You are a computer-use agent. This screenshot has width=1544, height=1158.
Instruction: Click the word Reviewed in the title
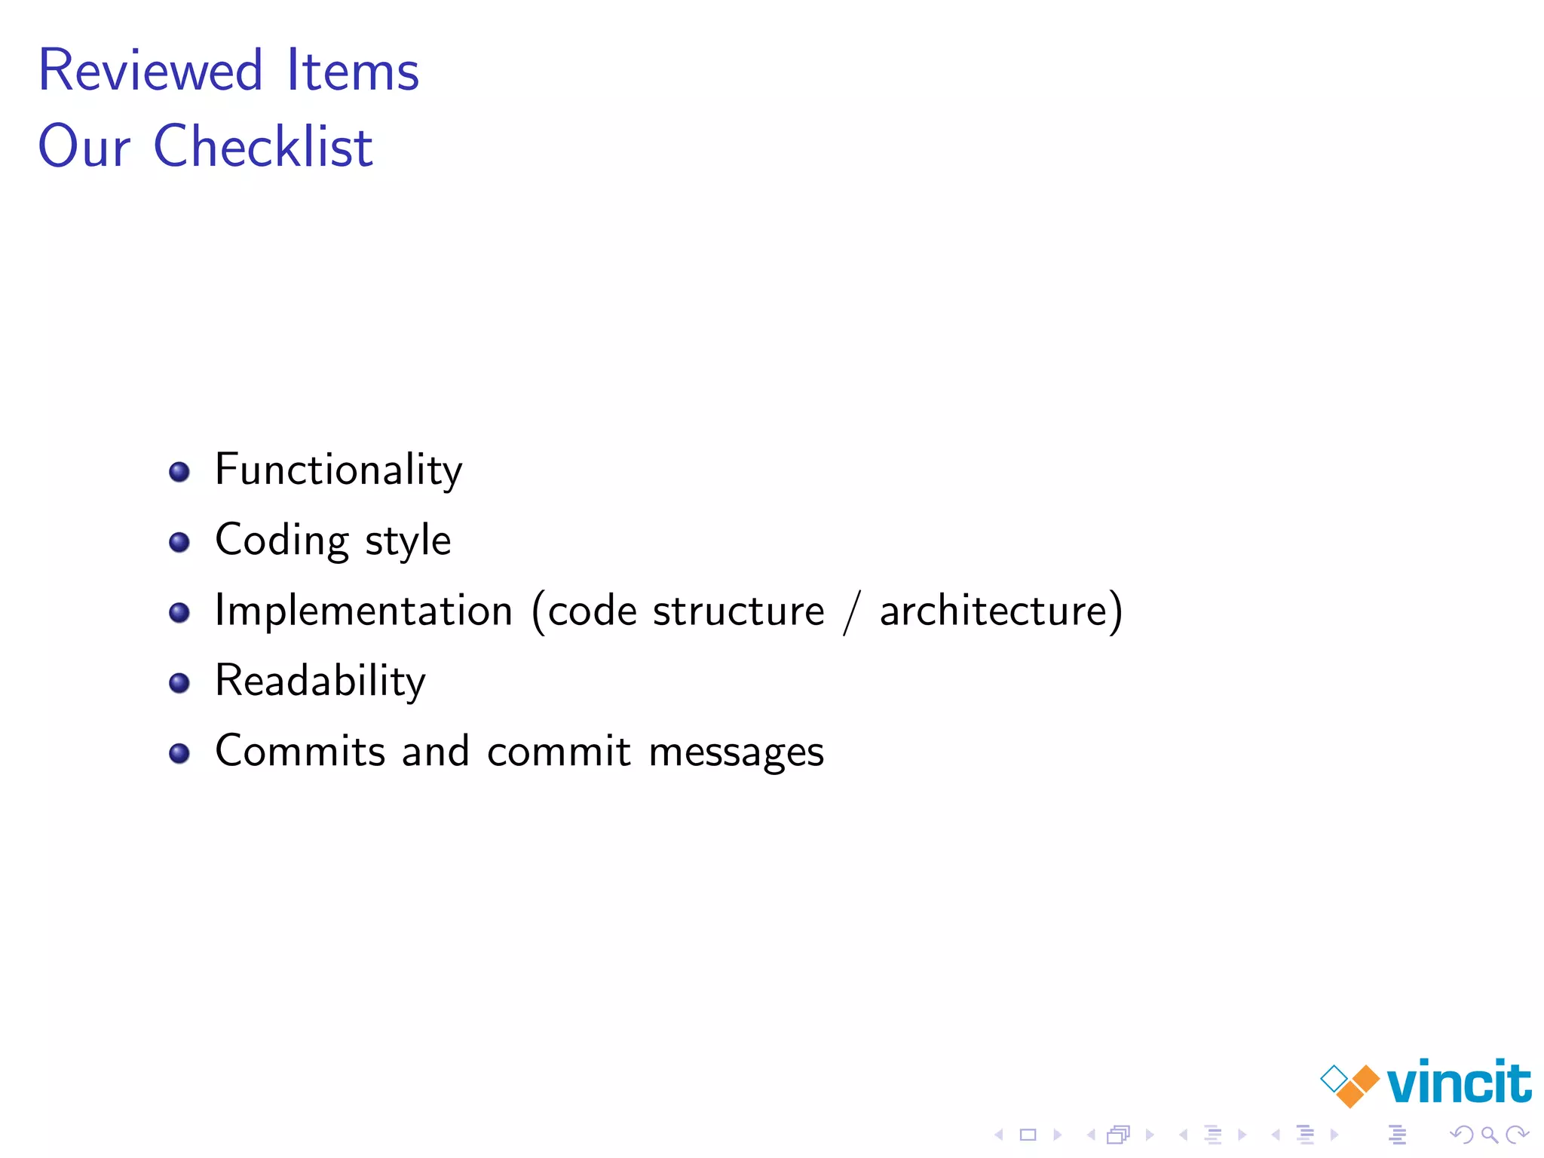coord(150,70)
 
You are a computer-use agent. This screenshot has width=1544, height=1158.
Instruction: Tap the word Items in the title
coord(352,70)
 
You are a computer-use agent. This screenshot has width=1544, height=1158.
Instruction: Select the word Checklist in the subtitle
coord(263,146)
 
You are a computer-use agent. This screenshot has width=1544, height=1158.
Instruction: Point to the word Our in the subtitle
coord(84,146)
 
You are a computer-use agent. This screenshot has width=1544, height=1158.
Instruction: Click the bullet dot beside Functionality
coord(179,472)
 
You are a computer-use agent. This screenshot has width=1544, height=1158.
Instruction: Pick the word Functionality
coord(339,470)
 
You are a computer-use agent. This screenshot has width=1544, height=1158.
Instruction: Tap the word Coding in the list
coord(282,541)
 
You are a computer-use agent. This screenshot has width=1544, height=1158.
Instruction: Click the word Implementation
coord(363,610)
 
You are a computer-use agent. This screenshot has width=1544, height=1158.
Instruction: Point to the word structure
coord(739,610)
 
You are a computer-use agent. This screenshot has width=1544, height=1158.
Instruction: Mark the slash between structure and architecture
coord(852,611)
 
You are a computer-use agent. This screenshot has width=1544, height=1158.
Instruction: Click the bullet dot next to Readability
coord(179,683)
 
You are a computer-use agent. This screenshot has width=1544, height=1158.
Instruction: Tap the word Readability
coord(320,681)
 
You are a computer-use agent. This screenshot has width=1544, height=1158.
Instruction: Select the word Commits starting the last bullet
coord(300,751)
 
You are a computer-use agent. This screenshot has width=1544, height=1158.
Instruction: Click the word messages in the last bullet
coord(736,752)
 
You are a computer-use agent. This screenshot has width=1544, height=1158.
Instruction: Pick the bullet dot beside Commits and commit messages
coord(179,753)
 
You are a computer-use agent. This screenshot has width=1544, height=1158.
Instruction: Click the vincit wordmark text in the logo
coord(1458,1083)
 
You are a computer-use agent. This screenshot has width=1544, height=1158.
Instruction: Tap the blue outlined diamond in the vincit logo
coord(1334,1079)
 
